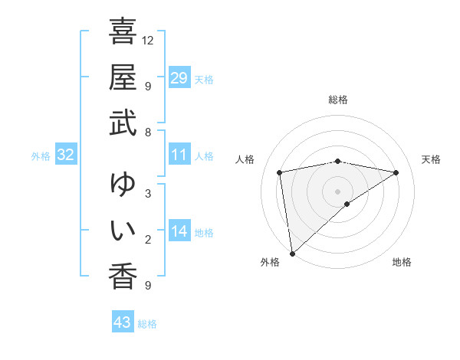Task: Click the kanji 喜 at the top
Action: pos(123,32)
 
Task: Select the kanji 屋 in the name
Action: pos(123,77)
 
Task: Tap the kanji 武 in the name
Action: pos(123,122)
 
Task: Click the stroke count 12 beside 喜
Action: pos(149,40)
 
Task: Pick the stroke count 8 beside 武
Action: pos(147,132)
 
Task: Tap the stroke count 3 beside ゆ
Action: pos(147,193)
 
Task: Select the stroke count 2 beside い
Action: pos(147,239)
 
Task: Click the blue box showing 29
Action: pos(179,78)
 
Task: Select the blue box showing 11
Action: pos(179,155)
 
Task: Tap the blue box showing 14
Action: pos(179,231)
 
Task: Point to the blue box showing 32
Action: pos(65,155)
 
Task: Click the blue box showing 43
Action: pos(122,322)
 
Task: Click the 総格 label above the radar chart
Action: pos(337,100)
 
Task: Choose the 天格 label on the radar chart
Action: pos(431,159)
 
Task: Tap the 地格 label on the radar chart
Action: pos(402,262)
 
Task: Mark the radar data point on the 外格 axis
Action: pos(291,253)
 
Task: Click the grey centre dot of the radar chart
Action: pos(337,191)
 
